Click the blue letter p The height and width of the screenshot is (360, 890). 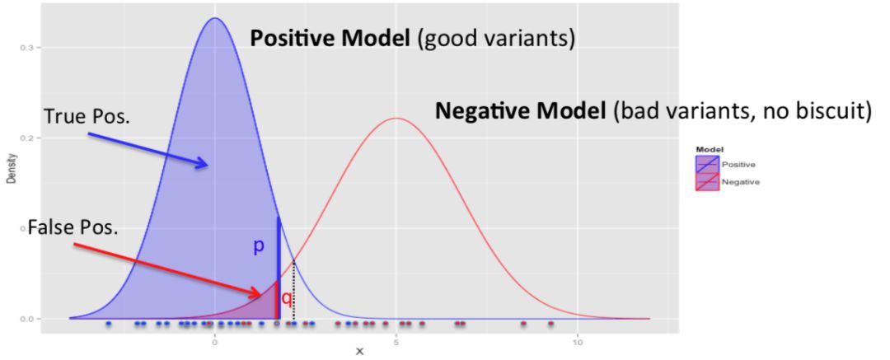pyautogui.click(x=259, y=246)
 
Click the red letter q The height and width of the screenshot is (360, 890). pyautogui.click(x=287, y=298)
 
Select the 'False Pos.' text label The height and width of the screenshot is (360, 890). pyautogui.click(x=73, y=227)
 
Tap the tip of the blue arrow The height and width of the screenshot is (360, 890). pyautogui.click(x=208, y=166)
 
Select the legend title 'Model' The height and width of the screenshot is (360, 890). pyautogui.click(x=710, y=150)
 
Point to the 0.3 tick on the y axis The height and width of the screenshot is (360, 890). pyautogui.click(x=26, y=48)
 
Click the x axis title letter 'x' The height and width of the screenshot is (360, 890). pyautogui.click(x=359, y=352)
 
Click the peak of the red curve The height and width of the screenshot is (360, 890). pyautogui.click(x=396, y=118)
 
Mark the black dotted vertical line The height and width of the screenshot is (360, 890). pyautogui.click(x=293, y=289)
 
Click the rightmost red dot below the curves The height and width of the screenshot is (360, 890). pyautogui.click(x=551, y=324)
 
